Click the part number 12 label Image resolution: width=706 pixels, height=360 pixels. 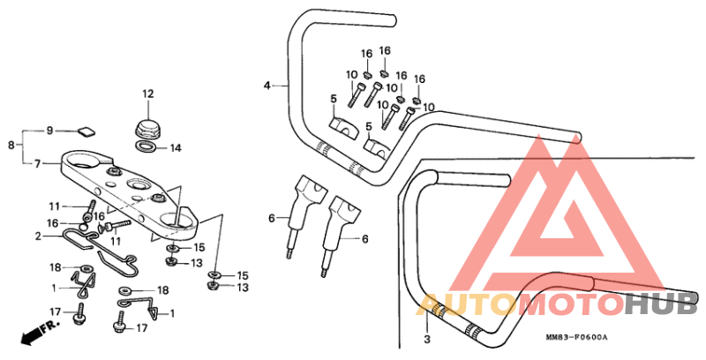click(148, 94)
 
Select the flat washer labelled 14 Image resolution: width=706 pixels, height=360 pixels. click(146, 146)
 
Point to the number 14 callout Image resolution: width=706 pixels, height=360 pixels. click(175, 148)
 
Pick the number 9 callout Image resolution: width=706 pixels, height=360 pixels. click(49, 131)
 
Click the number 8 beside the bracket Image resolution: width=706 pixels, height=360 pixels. click(11, 146)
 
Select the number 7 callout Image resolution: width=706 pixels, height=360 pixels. click(38, 163)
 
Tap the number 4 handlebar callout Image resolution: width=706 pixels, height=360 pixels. click(266, 86)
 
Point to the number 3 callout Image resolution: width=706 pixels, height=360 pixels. click(426, 339)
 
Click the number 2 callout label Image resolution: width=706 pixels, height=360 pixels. click(38, 236)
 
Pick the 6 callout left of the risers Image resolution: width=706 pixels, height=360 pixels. click(273, 216)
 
